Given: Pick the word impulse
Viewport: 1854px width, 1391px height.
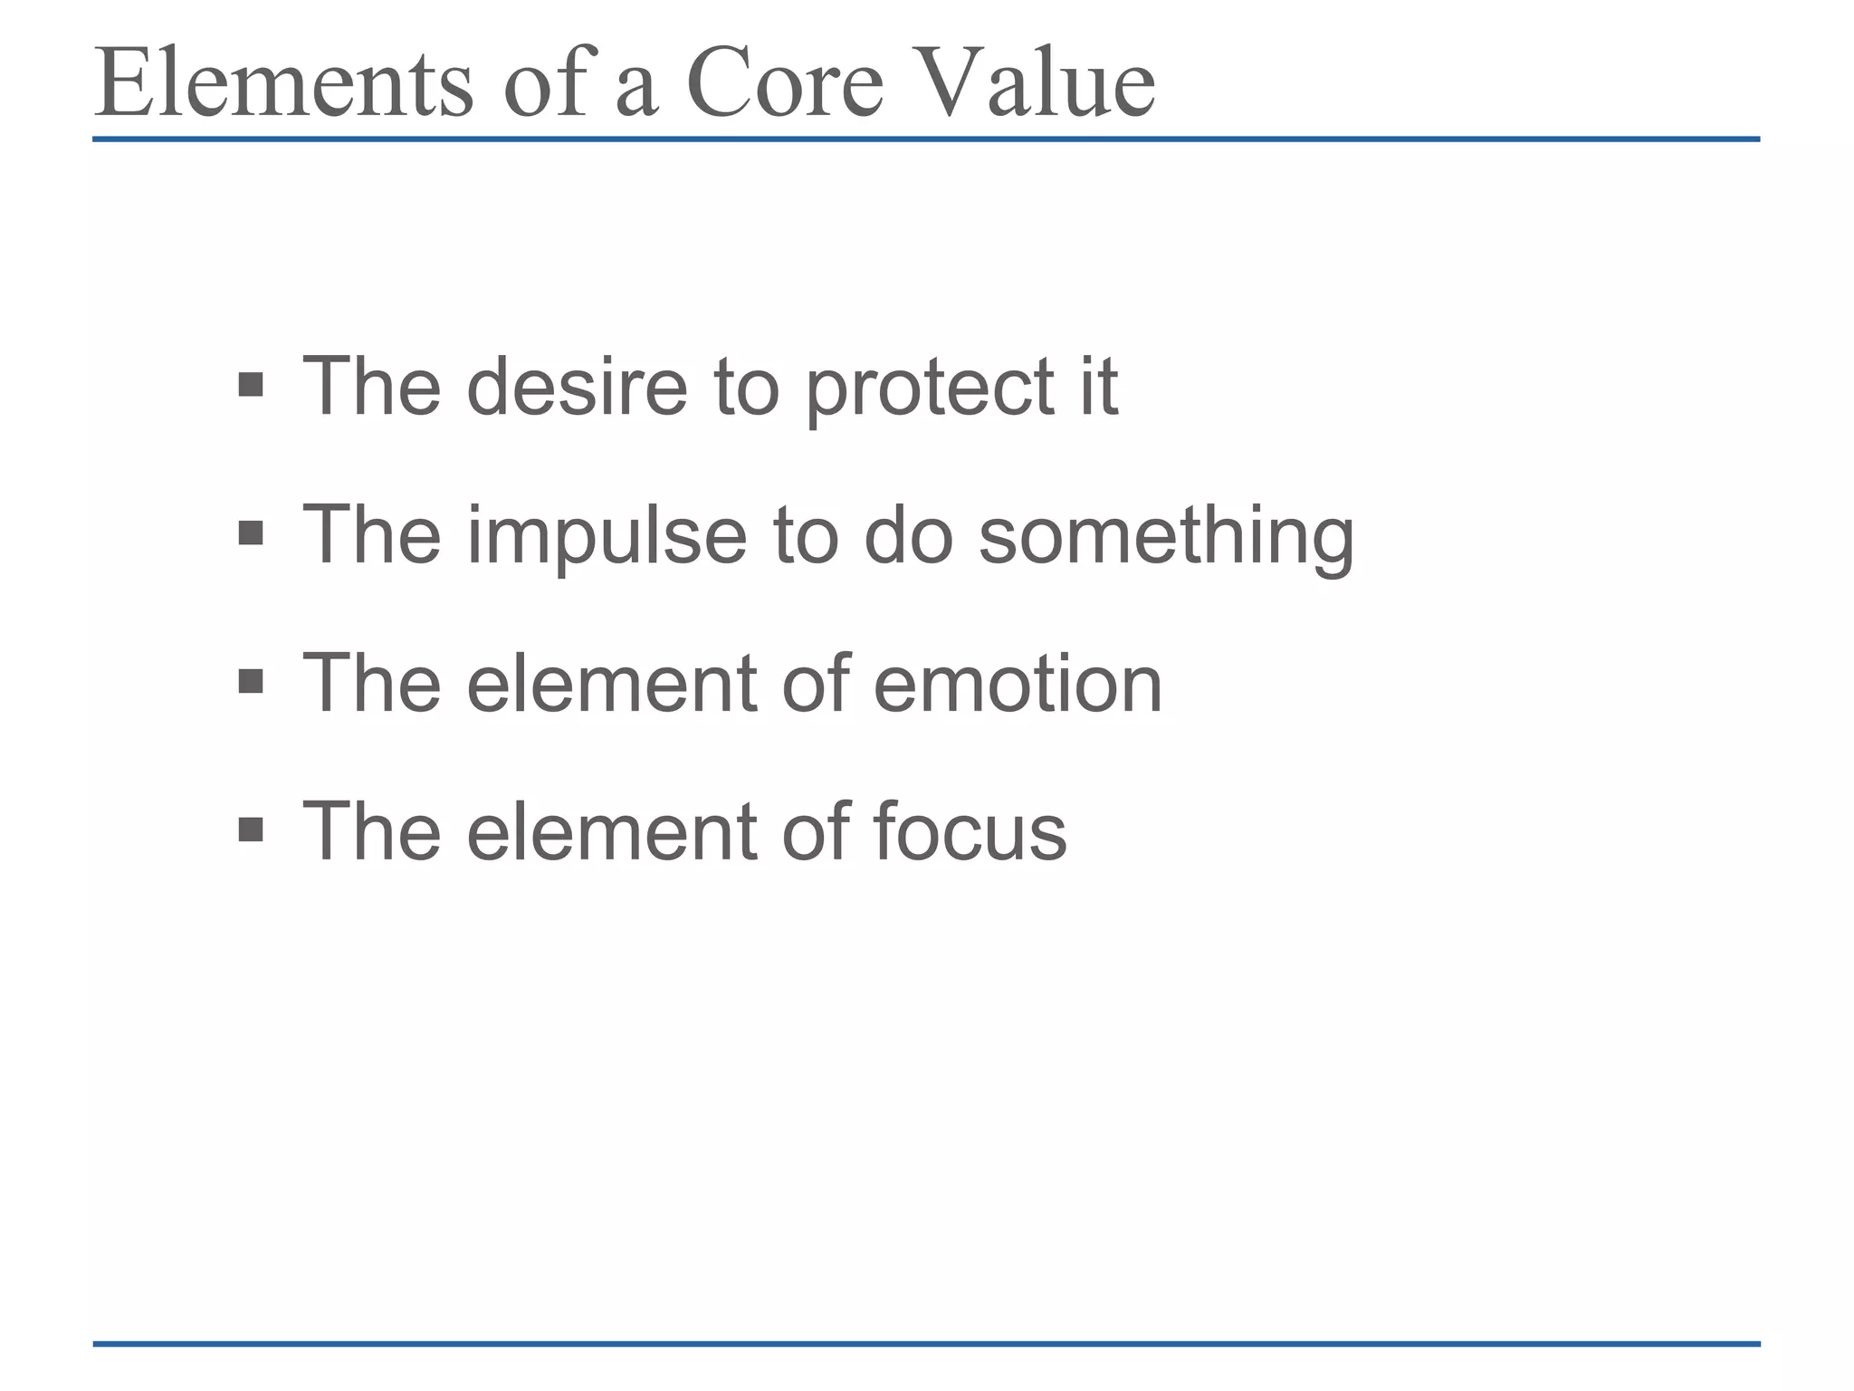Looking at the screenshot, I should pyautogui.click(x=607, y=537).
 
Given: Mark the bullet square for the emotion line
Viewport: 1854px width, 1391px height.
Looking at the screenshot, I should pyautogui.click(x=251, y=681).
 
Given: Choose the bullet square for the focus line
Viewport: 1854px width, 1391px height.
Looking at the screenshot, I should pyautogui.click(x=251, y=829).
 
